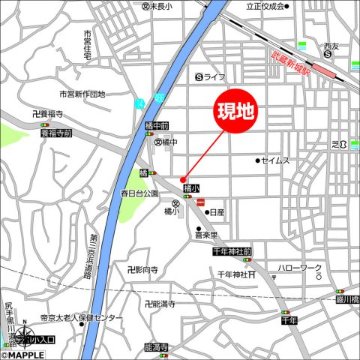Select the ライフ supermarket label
click(211, 76)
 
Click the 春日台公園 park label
click(140, 193)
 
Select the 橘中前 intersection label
click(156, 126)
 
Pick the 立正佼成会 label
click(265, 6)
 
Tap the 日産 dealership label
click(217, 212)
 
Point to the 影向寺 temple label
click(142, 269)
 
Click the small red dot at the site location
click(182, 178)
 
